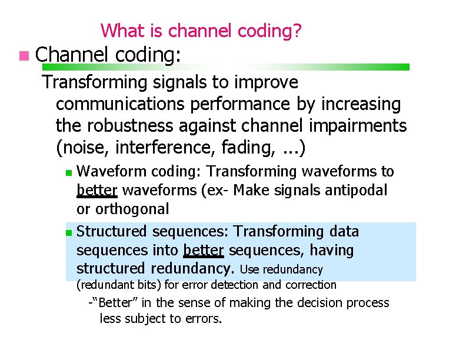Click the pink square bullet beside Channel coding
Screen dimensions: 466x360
click(22, 56)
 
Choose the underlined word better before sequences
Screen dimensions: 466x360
click(204, 250)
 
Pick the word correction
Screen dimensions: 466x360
click(311, 285)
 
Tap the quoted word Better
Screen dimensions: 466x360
click(113, 303)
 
